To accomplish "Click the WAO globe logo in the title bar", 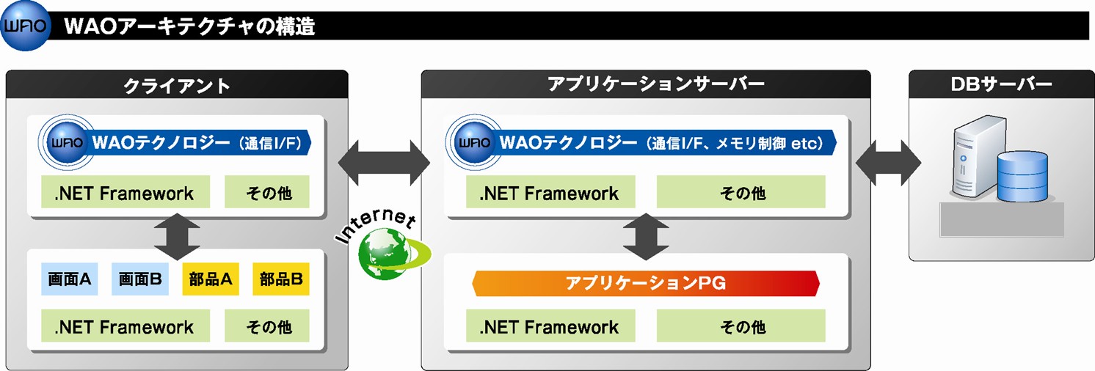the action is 26,26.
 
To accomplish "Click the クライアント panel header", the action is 176,84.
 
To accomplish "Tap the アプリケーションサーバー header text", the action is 655,84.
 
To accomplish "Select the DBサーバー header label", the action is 1001,84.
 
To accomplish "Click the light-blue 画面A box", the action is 70,279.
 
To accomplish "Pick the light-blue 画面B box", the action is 139,279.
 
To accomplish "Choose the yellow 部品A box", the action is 211,279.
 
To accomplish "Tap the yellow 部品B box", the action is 281,279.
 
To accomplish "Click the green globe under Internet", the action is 386,254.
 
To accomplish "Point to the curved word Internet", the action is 376,224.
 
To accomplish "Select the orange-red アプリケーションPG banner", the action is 646,283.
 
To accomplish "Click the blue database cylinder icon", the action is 1022,176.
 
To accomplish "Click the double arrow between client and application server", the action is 385,163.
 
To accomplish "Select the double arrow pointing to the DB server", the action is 888,163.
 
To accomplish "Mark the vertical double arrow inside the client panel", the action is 177,236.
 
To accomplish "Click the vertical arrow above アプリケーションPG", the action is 646,236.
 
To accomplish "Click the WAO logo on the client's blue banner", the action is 67,142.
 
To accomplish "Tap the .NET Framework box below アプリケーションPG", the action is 550,326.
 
